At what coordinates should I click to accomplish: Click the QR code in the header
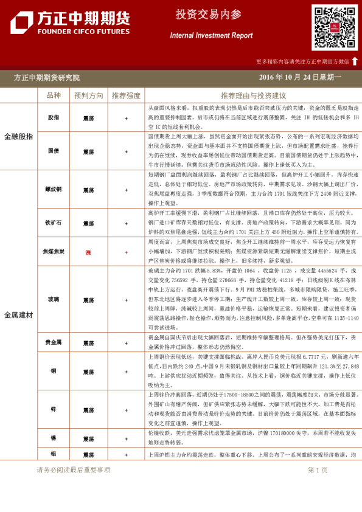point(335,27)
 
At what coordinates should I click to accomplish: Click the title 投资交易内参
point(208,15)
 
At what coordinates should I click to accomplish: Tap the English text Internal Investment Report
point(211,36)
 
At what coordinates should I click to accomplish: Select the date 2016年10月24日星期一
point(300,78)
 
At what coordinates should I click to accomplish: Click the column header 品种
point(54,95)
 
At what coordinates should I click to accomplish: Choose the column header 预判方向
point(89,95)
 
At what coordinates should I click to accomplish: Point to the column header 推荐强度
point(126,95)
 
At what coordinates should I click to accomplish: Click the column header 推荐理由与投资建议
point(253,95)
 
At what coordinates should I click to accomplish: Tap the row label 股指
point(54,118)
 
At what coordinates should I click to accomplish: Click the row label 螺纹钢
point(54,190)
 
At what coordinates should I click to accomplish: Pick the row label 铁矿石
point(54,223)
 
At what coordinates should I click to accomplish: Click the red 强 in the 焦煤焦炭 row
point(88,251)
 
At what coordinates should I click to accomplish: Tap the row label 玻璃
point(54,300)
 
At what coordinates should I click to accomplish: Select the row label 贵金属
point(54,342)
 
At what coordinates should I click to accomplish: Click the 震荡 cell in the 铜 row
point(89,372)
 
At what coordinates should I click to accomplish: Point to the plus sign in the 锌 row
point(126,410)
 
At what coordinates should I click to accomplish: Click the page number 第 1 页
point(318,470)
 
